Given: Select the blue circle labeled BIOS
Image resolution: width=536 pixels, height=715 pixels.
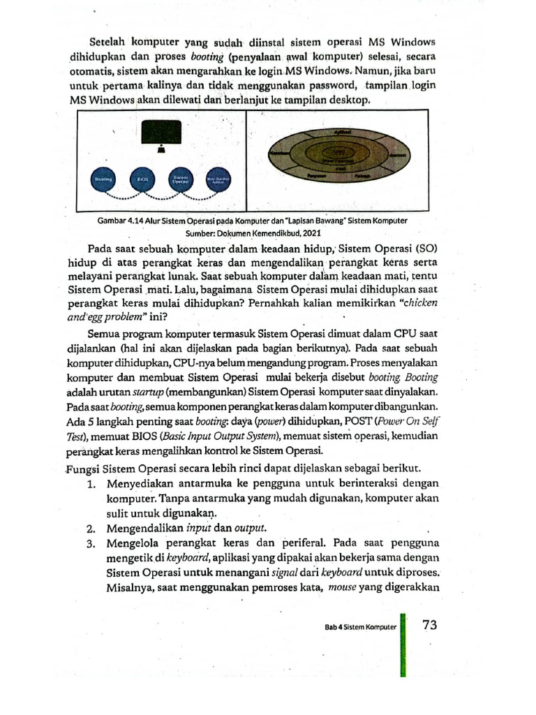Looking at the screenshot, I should pos(142,179).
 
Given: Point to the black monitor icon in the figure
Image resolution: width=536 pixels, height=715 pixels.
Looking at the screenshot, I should pos(161,132).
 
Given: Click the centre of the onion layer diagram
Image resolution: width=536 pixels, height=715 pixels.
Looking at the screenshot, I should pos(339,157).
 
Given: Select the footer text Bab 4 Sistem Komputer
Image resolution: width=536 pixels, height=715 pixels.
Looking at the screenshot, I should pos(360,627).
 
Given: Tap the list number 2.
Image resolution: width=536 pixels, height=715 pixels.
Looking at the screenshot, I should pos(91,526).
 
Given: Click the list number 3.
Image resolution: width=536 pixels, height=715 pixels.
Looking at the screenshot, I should pos(91,542).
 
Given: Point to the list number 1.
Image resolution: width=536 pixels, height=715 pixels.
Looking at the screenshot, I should pos(91,482).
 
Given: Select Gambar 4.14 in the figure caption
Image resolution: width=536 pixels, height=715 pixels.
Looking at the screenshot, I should pos(125,221).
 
